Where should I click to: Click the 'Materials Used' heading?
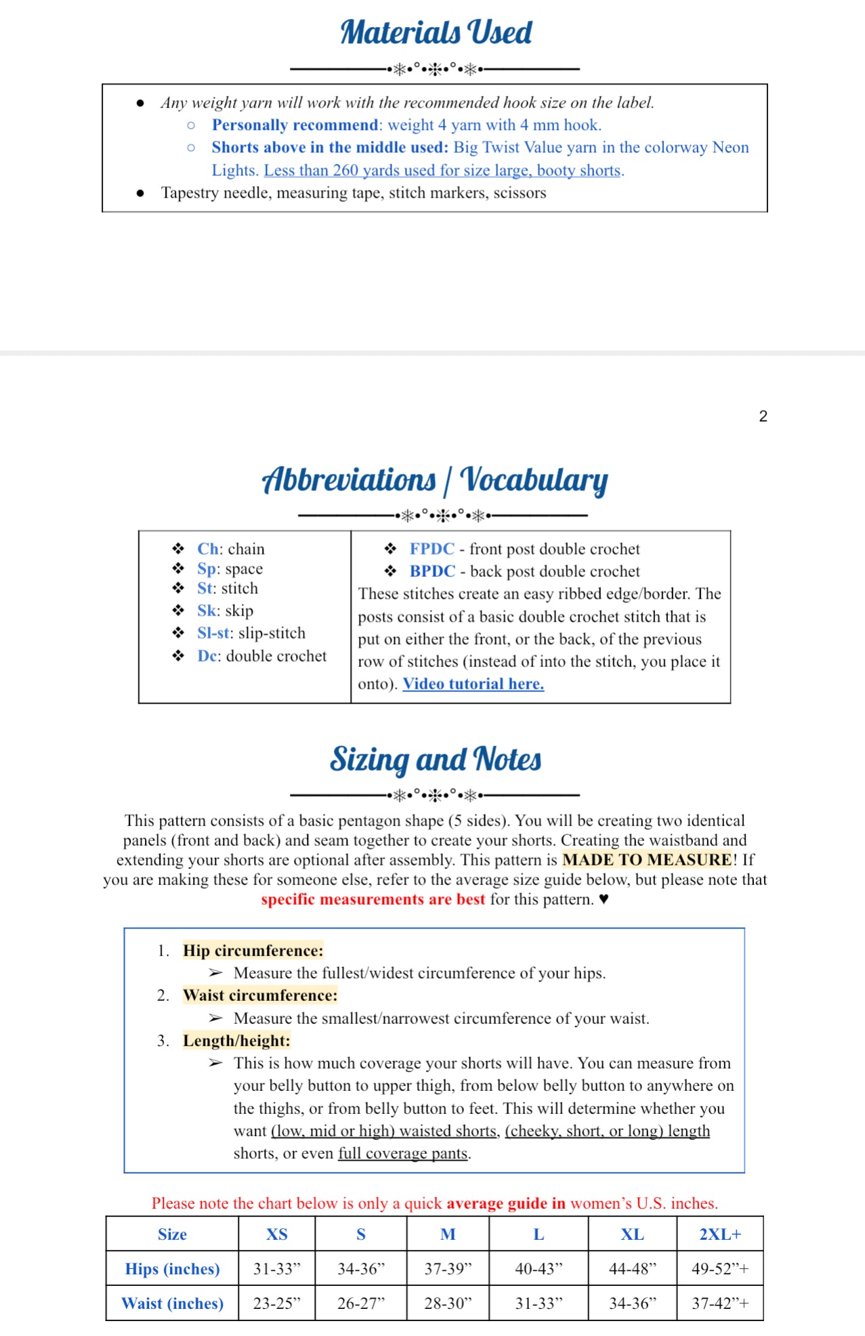click(436, 33)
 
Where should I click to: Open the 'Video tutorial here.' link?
click(473, 684)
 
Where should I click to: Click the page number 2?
click(763, 416)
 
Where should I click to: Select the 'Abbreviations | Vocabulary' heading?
click(435, 479)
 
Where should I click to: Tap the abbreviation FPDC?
click(431, 549)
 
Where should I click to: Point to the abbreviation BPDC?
click(432, 572)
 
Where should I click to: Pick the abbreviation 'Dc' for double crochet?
click(207, 656)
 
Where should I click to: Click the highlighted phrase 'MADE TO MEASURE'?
click(647, 860)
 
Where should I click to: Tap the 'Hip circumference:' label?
click(253, 951)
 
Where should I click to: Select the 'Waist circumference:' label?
click(259, 995)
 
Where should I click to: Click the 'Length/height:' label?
click(236, 1041)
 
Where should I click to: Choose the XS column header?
click(276, 1234)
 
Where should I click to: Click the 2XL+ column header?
click(719, 1234)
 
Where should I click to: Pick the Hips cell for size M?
click(447, 1269)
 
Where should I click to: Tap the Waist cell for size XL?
click(632, 1303)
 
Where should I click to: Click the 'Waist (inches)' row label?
click(172, 1303)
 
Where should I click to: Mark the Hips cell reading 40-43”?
click(538, 1269)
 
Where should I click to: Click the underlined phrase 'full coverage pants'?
click(403, 1153)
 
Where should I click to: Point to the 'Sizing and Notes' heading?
click(436, 760)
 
